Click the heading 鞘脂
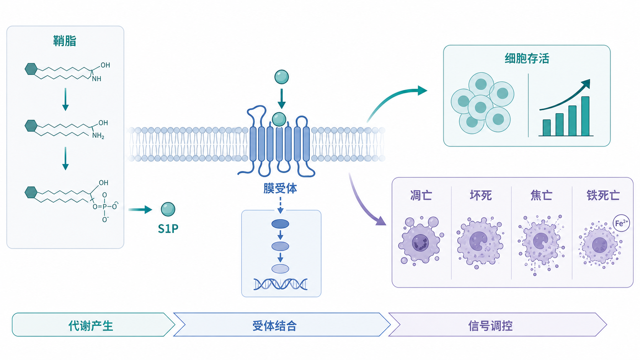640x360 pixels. [x=65, y=41]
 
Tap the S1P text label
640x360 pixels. [x=168, y=229]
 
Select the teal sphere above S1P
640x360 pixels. [x=168, y=209]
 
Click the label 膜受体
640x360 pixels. [x=280, y=189]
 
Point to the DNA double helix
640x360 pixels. [x=280, y=284]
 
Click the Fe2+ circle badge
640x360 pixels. [x=621, y=223]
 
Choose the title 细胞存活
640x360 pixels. [x=527, y=59]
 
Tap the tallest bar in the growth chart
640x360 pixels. [x=585, y=116]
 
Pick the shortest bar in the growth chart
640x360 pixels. [x=547, y=128]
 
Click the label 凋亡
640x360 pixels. [x=421, y=195]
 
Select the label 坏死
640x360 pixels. [x=481, y=195]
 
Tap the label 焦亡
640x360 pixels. [x=541, y=195]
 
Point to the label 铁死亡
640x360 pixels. [x=603, y=195]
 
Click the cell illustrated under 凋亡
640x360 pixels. [x=421, y=241]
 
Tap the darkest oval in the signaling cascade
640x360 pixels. [x=280, y=224]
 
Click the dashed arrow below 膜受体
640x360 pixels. [x=280, y=205]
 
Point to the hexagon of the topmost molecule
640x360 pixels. [x=31, y=69]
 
